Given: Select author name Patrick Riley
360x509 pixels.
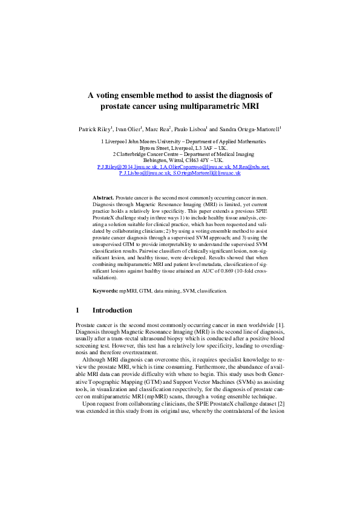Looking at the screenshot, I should [x=94, y=129].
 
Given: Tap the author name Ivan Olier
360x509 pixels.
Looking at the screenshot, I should [x=128, y=129].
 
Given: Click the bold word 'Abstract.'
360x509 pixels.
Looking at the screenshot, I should [x=103, y=198].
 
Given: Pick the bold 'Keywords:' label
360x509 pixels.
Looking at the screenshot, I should [x=105, y=291].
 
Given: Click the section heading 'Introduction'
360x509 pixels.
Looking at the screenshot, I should [x=112, y=310].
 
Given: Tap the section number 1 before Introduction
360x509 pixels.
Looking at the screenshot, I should [x=77, y=310].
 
